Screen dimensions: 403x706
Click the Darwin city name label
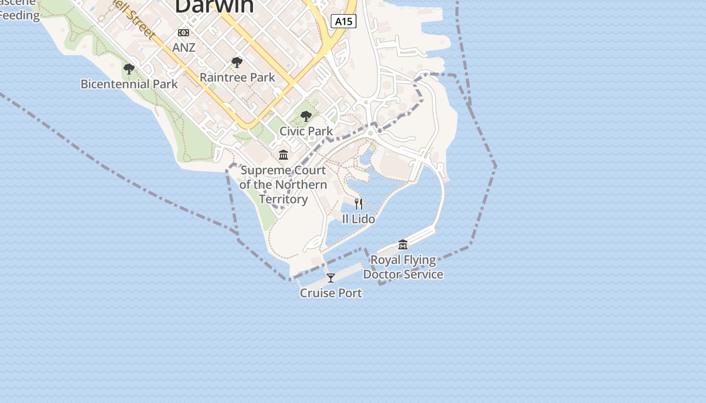pyautogui.click(x=214, y=6)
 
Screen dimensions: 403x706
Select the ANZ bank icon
pyautogui.click(x=184, y=33)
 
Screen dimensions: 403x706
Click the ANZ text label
pyautogui.click(x=184, y=47)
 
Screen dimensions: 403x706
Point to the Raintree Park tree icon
pyautogui.click(x=237, y=63)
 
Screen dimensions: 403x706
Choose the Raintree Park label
pyautogui.click(x=237, y=78)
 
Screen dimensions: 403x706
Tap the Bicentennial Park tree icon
pyautogui.click(x=129, y=69)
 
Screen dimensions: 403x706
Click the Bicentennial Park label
pyautogui.click(x=129, y=84)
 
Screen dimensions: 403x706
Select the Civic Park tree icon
pyautogui.click(x=306, y=116)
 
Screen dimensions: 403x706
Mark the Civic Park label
pyautogui.click(x=306, y=131)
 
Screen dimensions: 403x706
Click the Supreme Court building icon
pyautogui.click(x=283, y=155)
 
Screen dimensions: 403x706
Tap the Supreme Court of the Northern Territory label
pyautogui.click(x=283, y=185)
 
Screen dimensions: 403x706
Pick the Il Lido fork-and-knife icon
pyautogui.click(x=359, y=204)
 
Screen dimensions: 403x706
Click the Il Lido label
pyautogui.click(x=359, y=219)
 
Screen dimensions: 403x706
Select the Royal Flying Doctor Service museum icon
pyautogui.click(x=403, y=245)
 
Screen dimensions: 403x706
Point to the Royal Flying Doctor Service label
pyautogui.click(x=403, y=267)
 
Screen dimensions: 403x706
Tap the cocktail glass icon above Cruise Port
pyautogui.click(x=331, y=278)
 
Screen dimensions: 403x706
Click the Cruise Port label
pyautogui.click(x=331, y=293)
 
